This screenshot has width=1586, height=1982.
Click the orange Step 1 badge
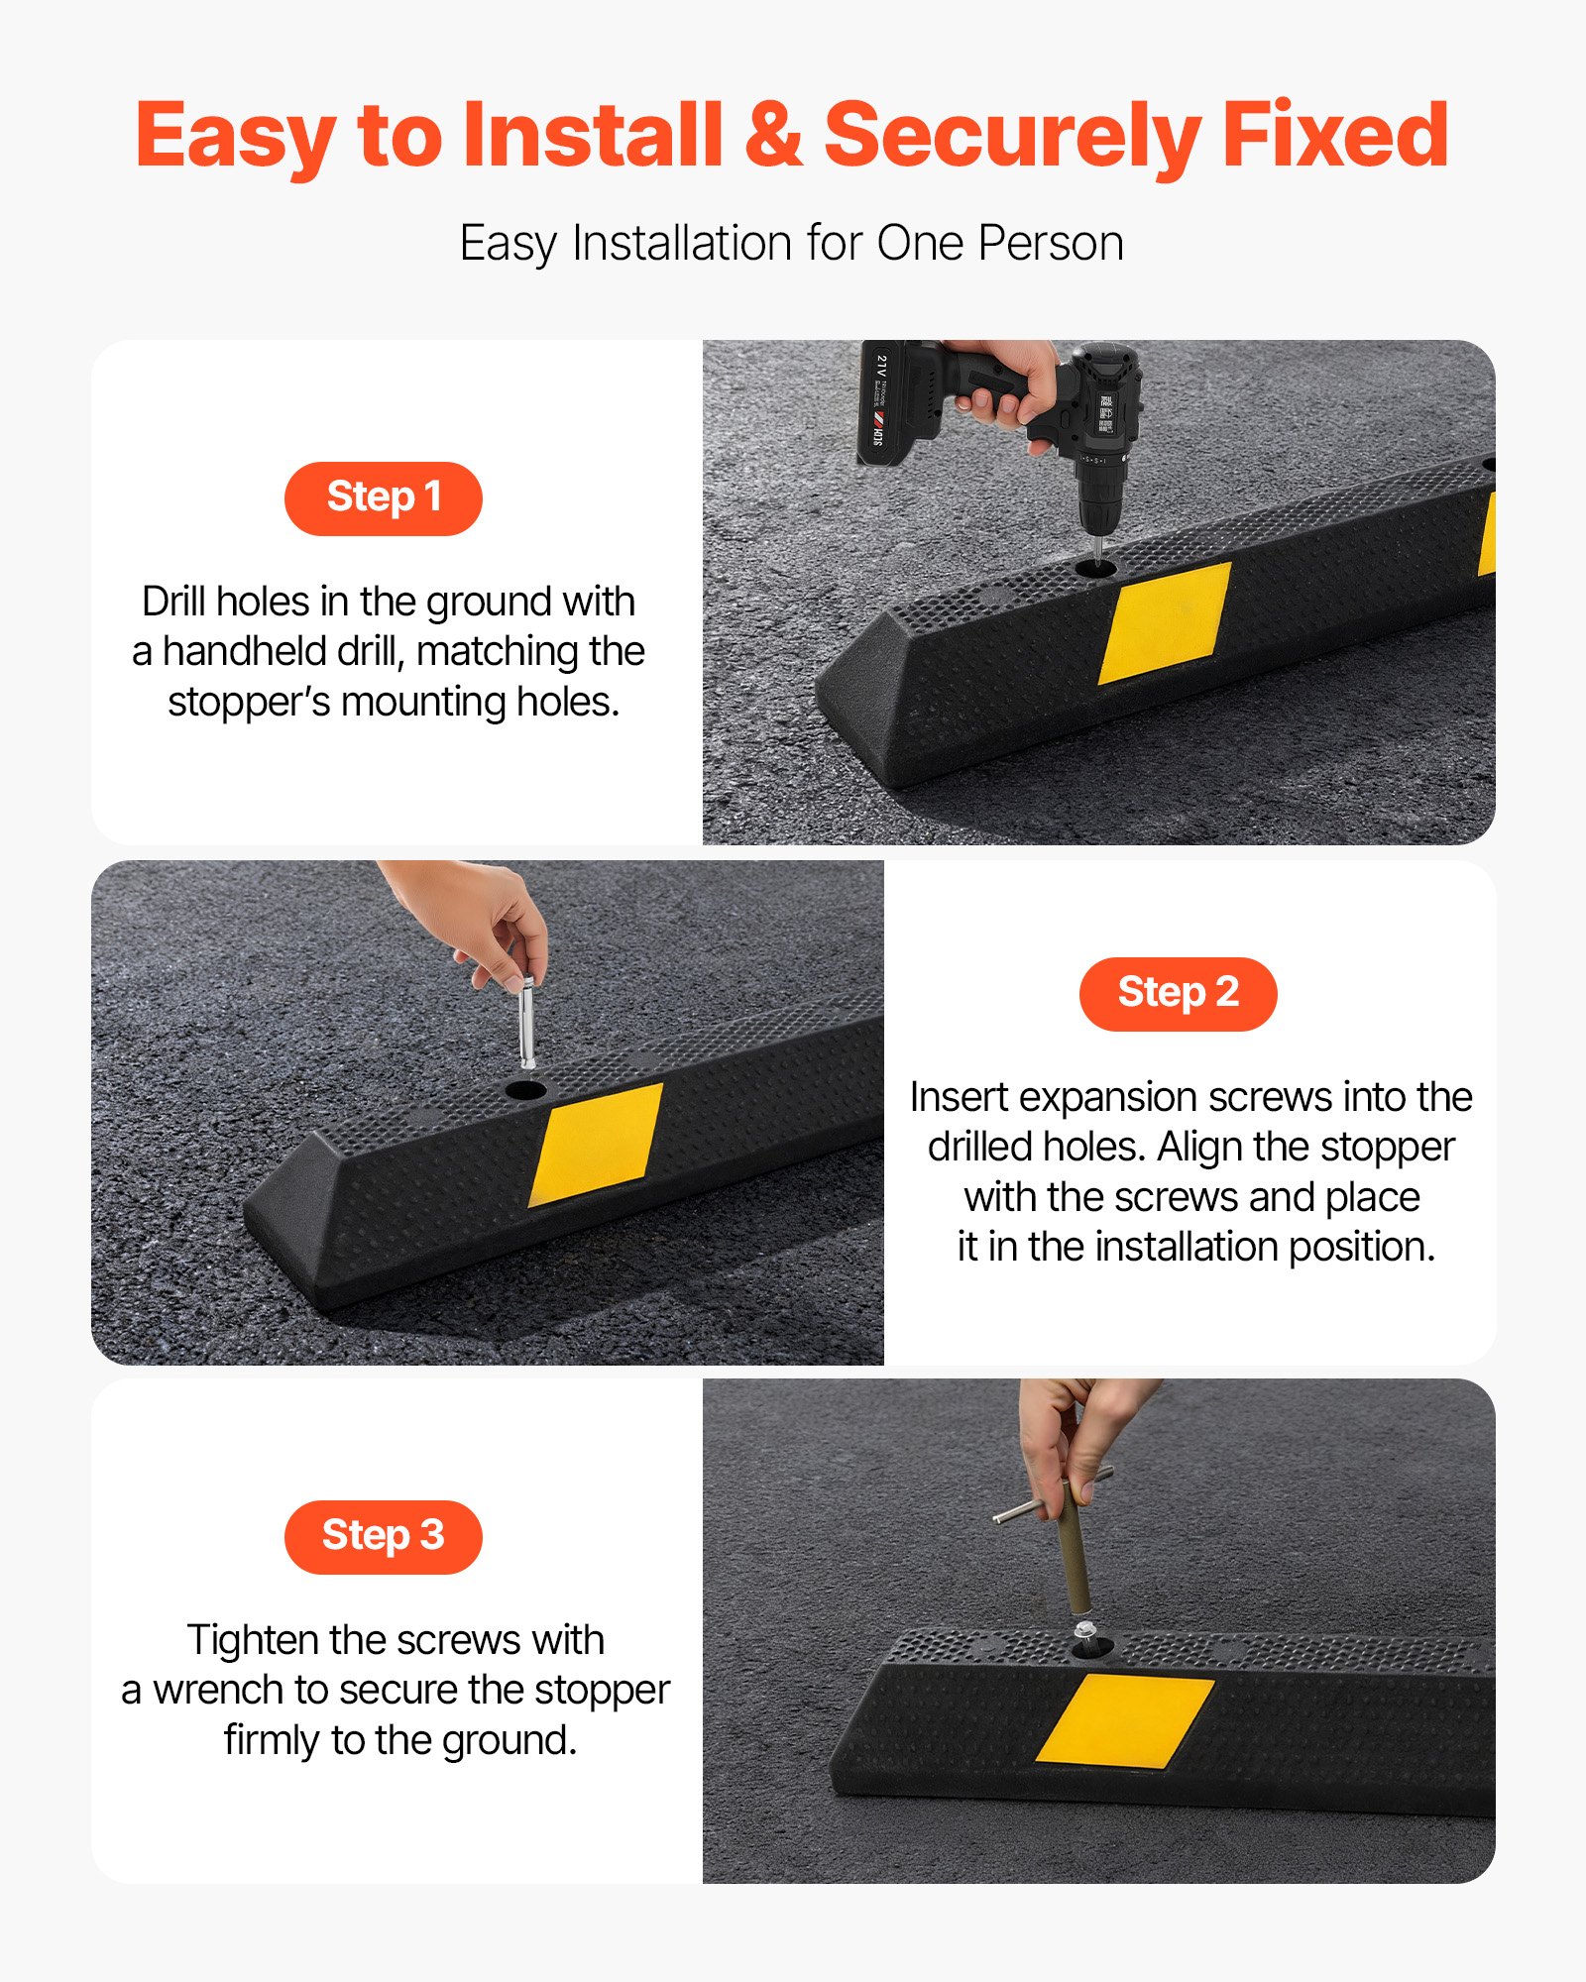tap(383, 498)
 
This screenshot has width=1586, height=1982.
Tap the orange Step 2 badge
tap(1178, 994)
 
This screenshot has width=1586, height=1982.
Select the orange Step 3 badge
tap(383, 1537)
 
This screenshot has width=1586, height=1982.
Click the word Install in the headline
tap(592, 136)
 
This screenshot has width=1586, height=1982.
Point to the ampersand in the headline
tap(772, 136)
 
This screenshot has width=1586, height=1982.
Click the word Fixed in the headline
tap(1334, 136)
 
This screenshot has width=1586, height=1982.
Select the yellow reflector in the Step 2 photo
tap(597, 1144)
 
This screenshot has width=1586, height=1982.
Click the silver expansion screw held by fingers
tap(527, 1021)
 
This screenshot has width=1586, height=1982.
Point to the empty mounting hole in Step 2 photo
tap(525, 1090)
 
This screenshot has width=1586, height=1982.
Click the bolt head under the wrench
tap(1084, 1630)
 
